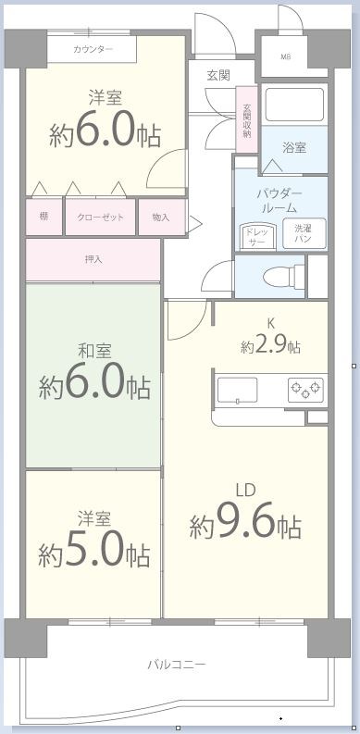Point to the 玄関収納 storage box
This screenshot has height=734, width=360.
tap(247, 119)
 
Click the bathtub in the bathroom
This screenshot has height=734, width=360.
tap(292, 106)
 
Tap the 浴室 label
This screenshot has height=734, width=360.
tap(295, 148)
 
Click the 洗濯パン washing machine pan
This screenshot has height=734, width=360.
tap(304, 233)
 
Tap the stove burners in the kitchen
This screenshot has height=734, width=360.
tap(305, 389)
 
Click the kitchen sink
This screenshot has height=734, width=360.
tap(238, 390)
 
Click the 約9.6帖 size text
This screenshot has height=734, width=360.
tap(245, 526)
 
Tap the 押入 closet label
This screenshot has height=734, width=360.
tap(93, 259)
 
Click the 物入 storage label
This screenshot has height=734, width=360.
tap(161, 217)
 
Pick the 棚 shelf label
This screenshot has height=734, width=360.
tap(43, 217)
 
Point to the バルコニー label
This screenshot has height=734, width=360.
tap(176, 665)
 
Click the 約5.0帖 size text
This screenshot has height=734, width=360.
tap(94, 554)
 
